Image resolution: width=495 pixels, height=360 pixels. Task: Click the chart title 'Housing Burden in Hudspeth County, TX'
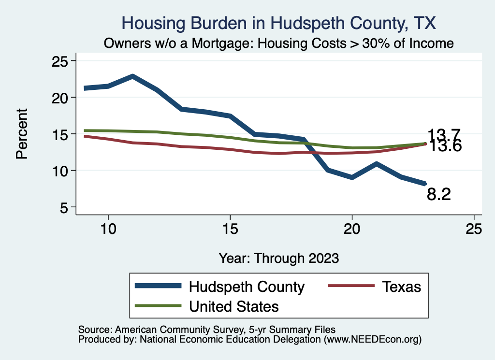[x=279, y=23]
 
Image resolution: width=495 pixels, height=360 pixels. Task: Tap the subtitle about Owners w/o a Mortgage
[x=279, y=43]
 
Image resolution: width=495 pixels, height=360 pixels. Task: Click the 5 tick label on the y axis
[x=63, y=207]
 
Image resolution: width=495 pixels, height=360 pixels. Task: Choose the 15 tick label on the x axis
[x=230, y=229]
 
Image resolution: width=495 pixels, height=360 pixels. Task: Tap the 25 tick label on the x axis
[x=474, y=229]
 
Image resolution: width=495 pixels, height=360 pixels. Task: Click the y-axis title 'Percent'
[x=22, y=134]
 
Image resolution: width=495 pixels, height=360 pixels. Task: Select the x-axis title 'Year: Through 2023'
[x=278, y=258]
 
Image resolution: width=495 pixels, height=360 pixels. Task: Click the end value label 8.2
[x=439, y=194]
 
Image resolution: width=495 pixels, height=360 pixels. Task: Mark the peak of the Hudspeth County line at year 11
[x=132, y=76]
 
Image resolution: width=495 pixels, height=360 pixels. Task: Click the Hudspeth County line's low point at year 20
[x=352, y=177]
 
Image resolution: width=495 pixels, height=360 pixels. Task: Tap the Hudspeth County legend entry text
[x=247, y=287]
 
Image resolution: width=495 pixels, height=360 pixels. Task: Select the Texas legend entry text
[x=402, y=287]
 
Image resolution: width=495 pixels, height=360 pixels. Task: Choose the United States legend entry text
[x=234, y=306]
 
